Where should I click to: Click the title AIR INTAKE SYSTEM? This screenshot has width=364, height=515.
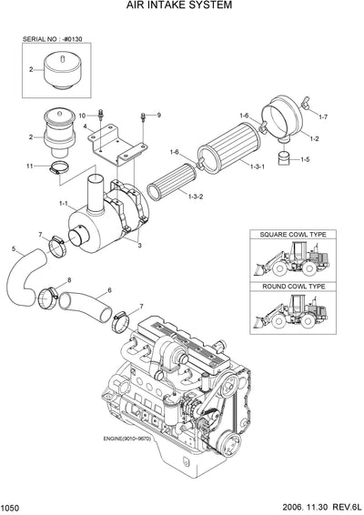point(182,6)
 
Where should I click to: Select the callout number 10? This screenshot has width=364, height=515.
point(81,116)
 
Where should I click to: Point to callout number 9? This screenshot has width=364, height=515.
point(157,116)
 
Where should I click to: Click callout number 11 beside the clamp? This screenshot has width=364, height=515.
point(30,166)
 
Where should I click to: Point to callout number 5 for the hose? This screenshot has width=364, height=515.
point(13,248)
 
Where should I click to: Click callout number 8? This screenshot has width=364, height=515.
point(69,281)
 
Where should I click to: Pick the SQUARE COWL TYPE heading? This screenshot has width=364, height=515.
point(292,235)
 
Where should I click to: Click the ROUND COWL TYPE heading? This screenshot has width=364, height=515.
point(292,287)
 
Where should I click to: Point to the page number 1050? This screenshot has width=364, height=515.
point(12,506)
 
